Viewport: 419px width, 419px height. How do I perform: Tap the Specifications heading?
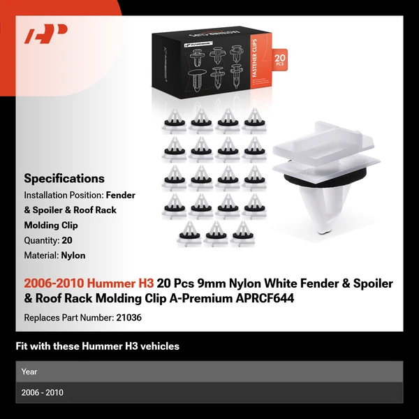64,178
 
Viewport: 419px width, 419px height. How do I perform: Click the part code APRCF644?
266,298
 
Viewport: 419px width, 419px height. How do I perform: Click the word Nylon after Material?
73,256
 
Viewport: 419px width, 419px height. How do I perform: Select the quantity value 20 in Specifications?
67,240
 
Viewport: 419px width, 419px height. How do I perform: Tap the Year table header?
29,372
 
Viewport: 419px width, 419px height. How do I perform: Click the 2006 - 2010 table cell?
43,392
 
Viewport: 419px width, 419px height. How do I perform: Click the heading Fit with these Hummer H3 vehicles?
98,346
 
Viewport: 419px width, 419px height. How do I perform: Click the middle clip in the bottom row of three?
214,235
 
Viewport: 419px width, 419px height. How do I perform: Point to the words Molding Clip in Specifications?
51,226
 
